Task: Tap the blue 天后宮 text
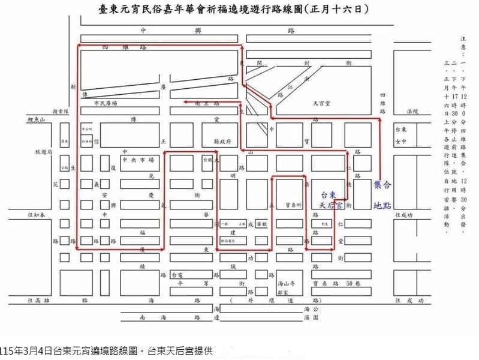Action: (x=330, y=205)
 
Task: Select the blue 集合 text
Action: (x=382, y=184)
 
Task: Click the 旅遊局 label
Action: (x=44, y=152)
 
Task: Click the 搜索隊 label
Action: (x=61, y=111)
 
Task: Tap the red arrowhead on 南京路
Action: (x=185, y=103)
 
